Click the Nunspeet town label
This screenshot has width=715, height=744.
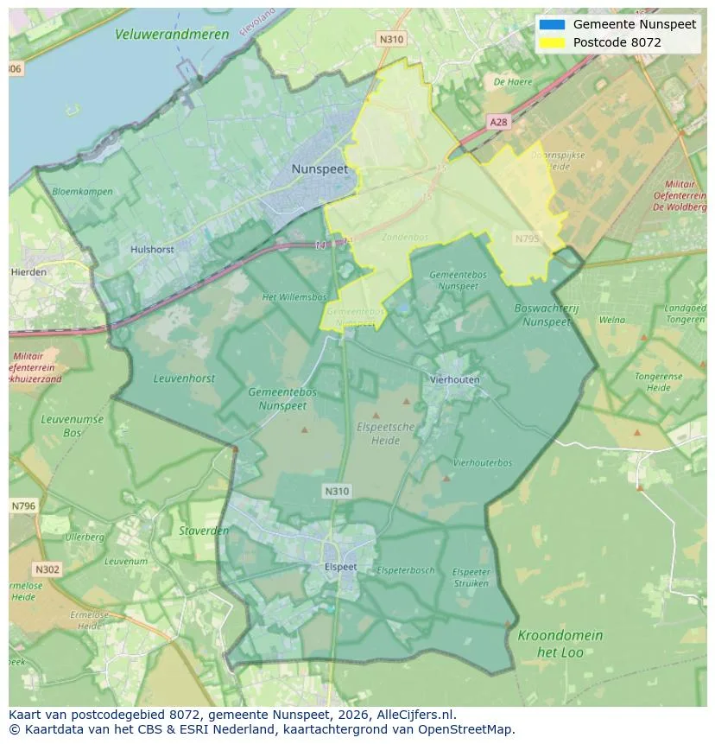tap(320, 169)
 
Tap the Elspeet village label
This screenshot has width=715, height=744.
tap(340, 567)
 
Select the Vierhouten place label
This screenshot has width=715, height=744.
tap(454, 379)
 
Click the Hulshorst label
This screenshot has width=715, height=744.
tap(152, 250)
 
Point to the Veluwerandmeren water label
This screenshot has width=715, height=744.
tap(172, 35)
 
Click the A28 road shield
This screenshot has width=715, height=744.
tap(498, 123)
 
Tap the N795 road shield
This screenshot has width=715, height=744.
tap(526, 238)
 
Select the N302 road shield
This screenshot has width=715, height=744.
tap(47, 569)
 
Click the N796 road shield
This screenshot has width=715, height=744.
tap(23, 506)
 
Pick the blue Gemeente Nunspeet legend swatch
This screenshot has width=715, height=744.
tap(551, 24)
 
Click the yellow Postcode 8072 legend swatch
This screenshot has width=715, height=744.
tap(551, 42)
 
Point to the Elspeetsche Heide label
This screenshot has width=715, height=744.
tap(385, 434)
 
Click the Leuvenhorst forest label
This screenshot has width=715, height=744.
tap(184, 378)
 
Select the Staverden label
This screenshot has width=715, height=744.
tap(204, 531)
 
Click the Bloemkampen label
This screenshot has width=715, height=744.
tap(83, 191)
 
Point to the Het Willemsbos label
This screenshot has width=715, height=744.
tap(294, 297)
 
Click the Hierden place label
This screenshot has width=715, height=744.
tap(29, 271)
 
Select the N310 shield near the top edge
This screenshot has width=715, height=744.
tap(391, 39)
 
